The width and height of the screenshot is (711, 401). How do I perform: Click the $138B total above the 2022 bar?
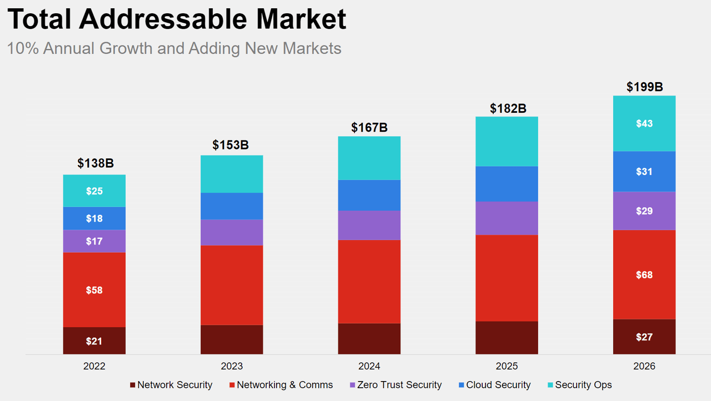pos(96,163)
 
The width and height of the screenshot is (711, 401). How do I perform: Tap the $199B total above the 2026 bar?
pos(644,87)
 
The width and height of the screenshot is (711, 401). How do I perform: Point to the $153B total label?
pos(231,145)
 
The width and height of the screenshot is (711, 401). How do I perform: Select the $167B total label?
pos(369,127)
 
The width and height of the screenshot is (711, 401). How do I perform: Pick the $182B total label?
pos(507,108)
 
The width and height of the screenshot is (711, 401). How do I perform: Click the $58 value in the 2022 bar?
pos(94,290)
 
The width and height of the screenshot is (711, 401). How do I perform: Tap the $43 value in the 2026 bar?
pos(644,123)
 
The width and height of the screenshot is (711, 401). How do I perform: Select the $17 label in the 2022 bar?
pos(94,241)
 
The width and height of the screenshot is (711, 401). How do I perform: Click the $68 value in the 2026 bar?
pos(644,275)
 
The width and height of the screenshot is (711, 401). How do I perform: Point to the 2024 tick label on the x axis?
pos(369,367)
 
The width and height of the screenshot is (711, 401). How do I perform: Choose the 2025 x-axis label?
pos(507,367)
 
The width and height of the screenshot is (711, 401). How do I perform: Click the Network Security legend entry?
pos(171,385)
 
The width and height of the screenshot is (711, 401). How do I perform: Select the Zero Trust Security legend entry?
pos(395,385)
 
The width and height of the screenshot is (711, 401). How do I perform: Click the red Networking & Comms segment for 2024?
pos(369,281)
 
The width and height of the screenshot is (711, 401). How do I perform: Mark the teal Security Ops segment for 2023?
pos(232,174)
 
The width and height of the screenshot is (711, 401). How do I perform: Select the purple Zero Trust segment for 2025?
pos(507,218)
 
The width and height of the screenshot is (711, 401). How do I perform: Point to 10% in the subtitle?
pos(22,48)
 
